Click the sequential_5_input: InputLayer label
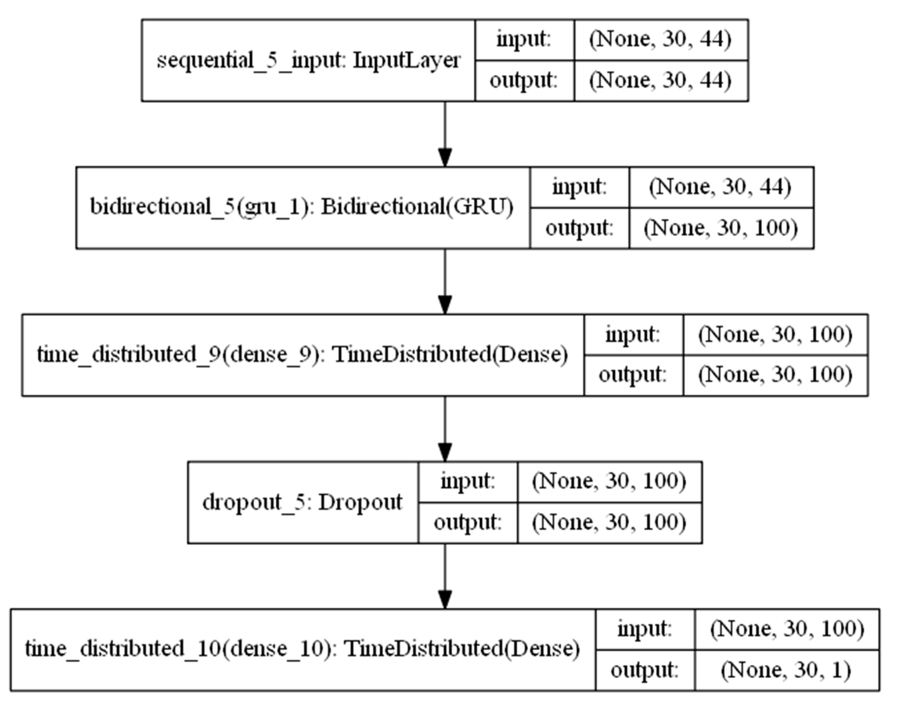coord(308,61)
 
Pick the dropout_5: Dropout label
coord(302,502)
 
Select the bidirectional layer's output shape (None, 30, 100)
coord(721,229)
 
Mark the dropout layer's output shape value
coord(610,522)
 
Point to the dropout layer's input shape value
coord(610,481)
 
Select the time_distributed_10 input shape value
coord(787,629)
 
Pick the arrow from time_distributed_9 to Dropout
coord(445,429)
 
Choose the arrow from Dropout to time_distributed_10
coord(445,576)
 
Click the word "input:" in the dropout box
coord(467,481)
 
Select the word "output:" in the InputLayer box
coord(523,81)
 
